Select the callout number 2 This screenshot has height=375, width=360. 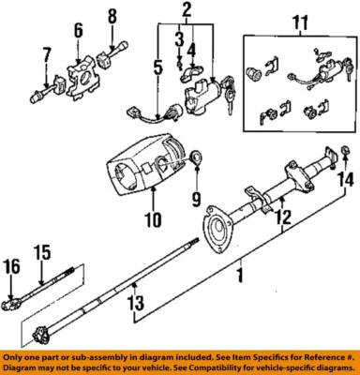tap(186, 10)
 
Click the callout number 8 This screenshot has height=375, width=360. tap(112, 16)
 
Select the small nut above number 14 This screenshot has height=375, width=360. tap(345, 151)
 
